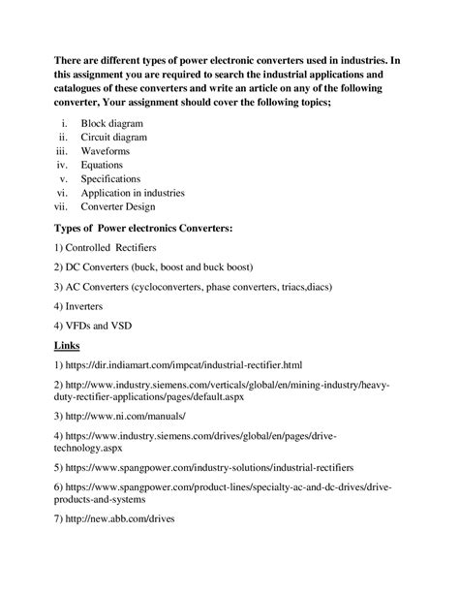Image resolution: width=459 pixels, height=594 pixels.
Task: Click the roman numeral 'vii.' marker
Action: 62,205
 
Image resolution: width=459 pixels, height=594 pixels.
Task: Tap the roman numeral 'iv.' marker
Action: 63,165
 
